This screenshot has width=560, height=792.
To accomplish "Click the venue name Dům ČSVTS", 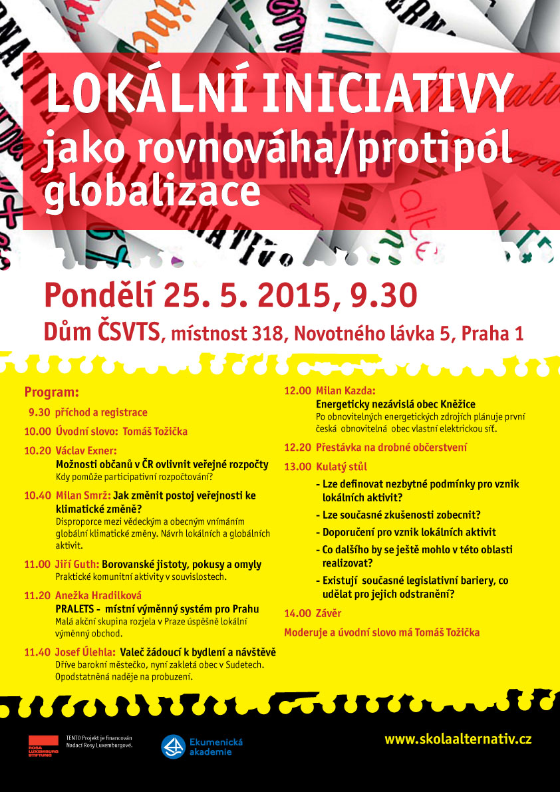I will tap(102, 332).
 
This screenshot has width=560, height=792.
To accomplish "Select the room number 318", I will tap(265, 334).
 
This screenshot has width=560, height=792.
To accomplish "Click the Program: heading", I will tap(51, 392).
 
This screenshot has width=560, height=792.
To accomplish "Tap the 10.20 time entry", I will tap(37, 451).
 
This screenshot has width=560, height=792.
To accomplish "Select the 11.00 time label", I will tap(37, 565).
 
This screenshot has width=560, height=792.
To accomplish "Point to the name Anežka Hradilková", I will tap(98, 595).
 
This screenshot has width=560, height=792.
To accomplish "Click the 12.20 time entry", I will tap(297, 448).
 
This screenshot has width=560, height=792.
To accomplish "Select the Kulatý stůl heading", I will tap(341, 467).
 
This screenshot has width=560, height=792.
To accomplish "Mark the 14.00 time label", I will tap(297, 613).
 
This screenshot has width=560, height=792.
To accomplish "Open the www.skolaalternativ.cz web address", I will tap(458, 739).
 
